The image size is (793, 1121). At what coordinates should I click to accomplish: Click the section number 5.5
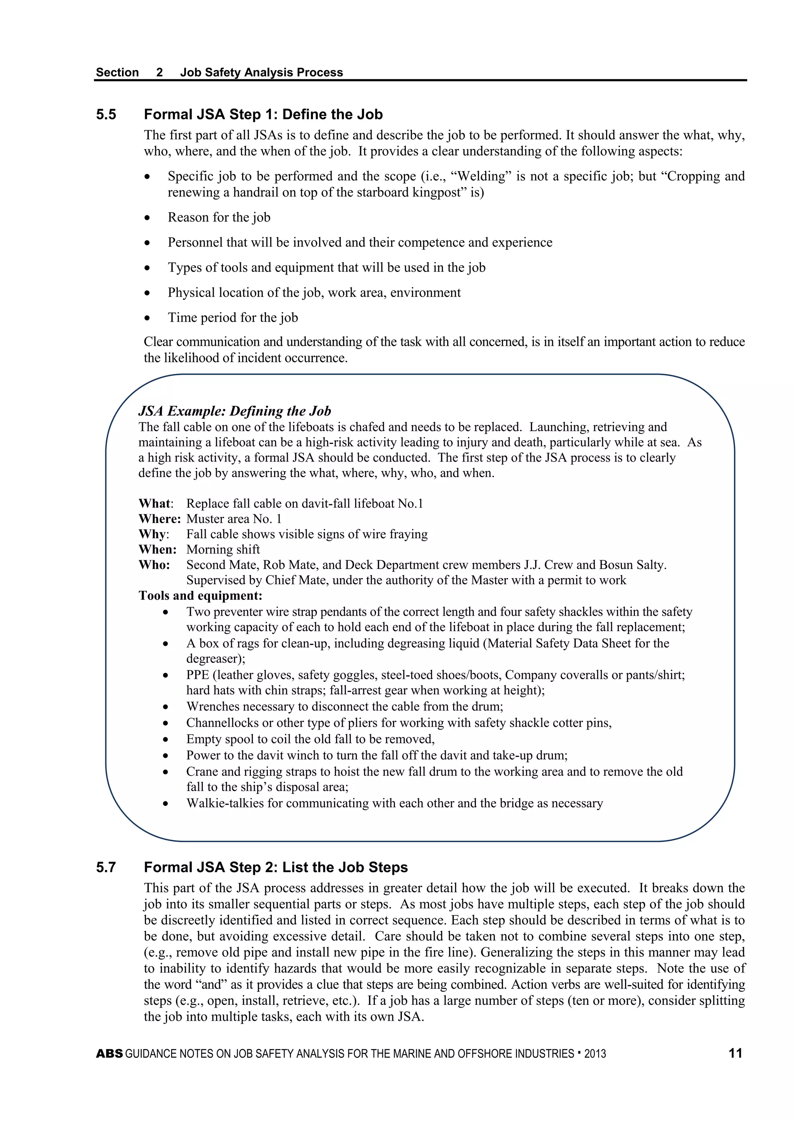pos(106,115)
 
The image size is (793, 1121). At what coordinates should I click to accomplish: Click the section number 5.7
pos(106,868)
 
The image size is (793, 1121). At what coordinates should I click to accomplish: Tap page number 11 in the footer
pos(735,1053)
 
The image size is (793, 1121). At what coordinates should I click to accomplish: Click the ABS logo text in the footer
pos(109,1054)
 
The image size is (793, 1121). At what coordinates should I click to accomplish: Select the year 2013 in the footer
pos(595,1054)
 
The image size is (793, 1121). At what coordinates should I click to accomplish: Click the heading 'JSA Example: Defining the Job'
pos(234,411)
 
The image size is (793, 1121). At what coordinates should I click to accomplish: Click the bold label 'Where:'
pos(159,518)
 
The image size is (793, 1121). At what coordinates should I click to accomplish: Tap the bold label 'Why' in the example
pos(152,534)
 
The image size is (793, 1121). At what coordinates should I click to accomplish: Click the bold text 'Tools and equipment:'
pos(200,596)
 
